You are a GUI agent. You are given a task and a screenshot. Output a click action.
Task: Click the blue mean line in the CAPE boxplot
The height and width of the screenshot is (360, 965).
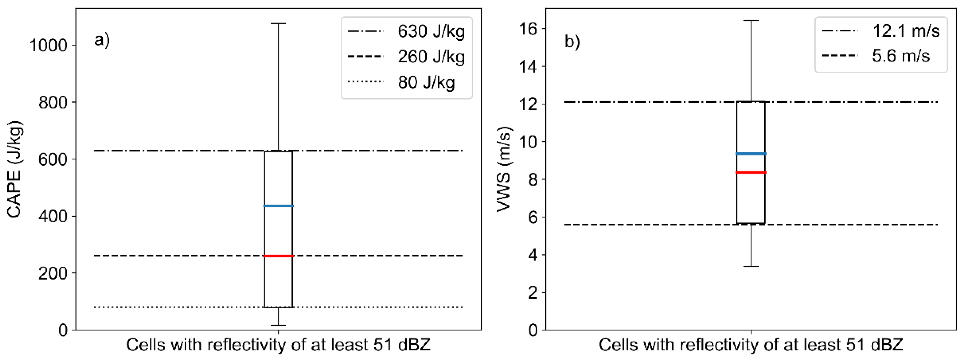tap(278, 206)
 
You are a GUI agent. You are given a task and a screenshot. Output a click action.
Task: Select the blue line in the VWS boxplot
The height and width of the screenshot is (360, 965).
tap(751, 154)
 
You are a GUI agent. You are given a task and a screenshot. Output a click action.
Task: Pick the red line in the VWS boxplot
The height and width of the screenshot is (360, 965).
tap(751, 172)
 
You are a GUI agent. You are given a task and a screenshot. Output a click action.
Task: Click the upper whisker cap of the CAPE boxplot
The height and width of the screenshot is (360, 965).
tap(278, 23)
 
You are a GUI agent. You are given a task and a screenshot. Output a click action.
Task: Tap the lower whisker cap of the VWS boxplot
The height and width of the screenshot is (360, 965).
tap(751, 266)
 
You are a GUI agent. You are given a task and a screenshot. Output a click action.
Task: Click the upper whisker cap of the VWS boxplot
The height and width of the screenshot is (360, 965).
tap(751, 21)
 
